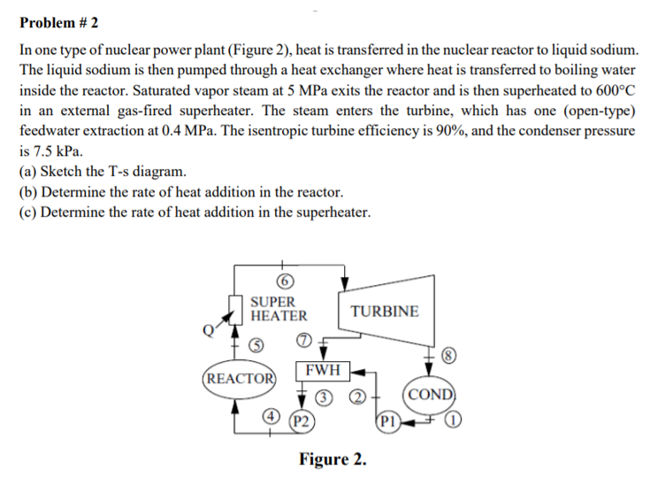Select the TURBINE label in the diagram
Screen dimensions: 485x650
pos(385,312)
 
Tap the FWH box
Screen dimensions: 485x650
pos(324,368)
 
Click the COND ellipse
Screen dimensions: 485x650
pos(430,394)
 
